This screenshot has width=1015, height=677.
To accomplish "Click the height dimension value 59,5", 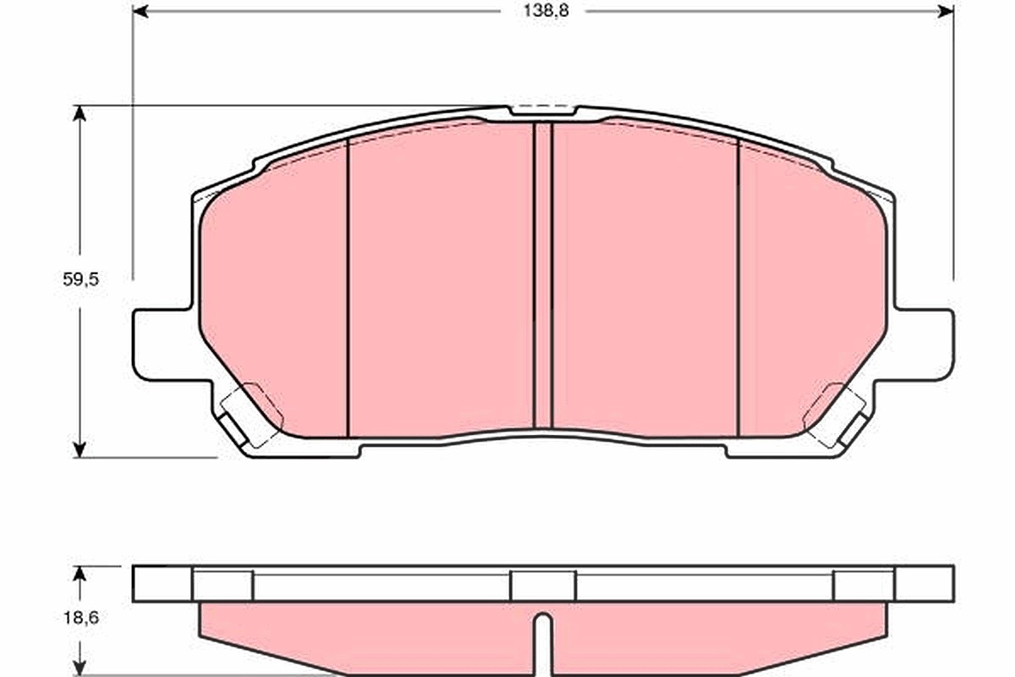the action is (80, 279).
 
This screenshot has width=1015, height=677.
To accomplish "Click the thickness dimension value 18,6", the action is (80, 618).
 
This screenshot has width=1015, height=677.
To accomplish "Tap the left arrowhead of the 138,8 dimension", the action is (140, 11).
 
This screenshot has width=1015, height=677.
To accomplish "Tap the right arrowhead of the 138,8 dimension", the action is (946, 11).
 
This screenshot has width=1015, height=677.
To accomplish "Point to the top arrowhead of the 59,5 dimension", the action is (80, 113).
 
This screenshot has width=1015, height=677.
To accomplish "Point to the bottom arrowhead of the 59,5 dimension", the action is (80, 449).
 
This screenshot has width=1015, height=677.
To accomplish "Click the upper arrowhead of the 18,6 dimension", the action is (80, 574).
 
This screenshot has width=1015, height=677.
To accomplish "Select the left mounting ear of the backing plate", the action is (163, 345).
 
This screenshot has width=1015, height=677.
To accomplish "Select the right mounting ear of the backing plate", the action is (924, 345).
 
